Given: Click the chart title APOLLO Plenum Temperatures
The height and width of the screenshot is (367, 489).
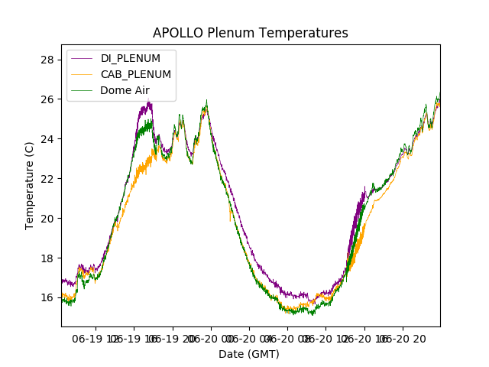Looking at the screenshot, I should (250, 33).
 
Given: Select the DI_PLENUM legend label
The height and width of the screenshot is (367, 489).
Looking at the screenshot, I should (131, 58).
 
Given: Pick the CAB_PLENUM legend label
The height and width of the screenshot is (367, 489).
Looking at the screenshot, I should (136, 74).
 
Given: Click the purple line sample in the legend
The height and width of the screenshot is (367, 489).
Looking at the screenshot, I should (83, 58).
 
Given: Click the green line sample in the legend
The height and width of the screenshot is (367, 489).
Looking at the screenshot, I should (83, 90).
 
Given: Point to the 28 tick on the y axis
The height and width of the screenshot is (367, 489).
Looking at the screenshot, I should (47, 60).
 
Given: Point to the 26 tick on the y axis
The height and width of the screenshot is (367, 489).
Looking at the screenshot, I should (47, 99).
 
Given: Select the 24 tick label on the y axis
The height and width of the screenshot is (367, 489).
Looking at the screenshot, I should (47, 139).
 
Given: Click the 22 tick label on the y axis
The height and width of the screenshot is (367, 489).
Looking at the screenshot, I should (47, 179).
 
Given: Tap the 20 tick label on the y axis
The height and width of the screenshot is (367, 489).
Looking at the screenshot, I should (47, 219).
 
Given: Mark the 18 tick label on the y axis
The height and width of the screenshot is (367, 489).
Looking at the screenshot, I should (47, 258).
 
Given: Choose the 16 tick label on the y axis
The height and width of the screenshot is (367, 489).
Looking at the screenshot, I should (47, 298).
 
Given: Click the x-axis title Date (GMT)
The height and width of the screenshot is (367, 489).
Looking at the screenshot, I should (249, 354).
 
